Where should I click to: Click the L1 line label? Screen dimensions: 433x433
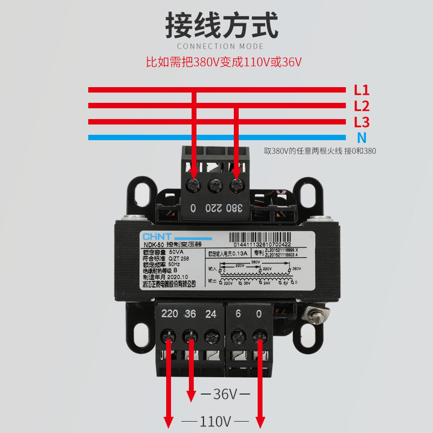click(x=362, y=89)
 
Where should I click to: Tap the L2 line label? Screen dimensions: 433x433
click(x=362, y=106)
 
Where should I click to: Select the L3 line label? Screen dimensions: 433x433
click(x=362, y=122)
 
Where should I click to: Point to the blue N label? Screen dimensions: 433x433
click(x=362, y=137)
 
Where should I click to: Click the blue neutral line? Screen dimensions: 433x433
click(x=216, y=137)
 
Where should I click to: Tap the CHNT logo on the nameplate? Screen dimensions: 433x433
click(x=156, y=237)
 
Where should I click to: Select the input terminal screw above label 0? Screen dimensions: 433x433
click(x=193, y=186)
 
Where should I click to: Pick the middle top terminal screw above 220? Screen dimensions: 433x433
click(x=215, y=186)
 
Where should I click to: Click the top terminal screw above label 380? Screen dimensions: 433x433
click(x=236, y=186)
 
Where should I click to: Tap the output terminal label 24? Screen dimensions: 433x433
click(x=211, y=314)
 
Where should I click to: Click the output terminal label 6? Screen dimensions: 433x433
click(x=238, y=314)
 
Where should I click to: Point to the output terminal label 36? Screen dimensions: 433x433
click(x=190, y=314)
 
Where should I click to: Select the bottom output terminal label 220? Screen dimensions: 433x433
click(x=169, y=314)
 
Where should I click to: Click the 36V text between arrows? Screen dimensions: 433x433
click(x=226, y=394)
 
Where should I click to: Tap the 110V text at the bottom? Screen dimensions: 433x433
click(x=215, y=421)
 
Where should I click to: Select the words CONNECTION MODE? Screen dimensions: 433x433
click(x=220, y=47)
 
